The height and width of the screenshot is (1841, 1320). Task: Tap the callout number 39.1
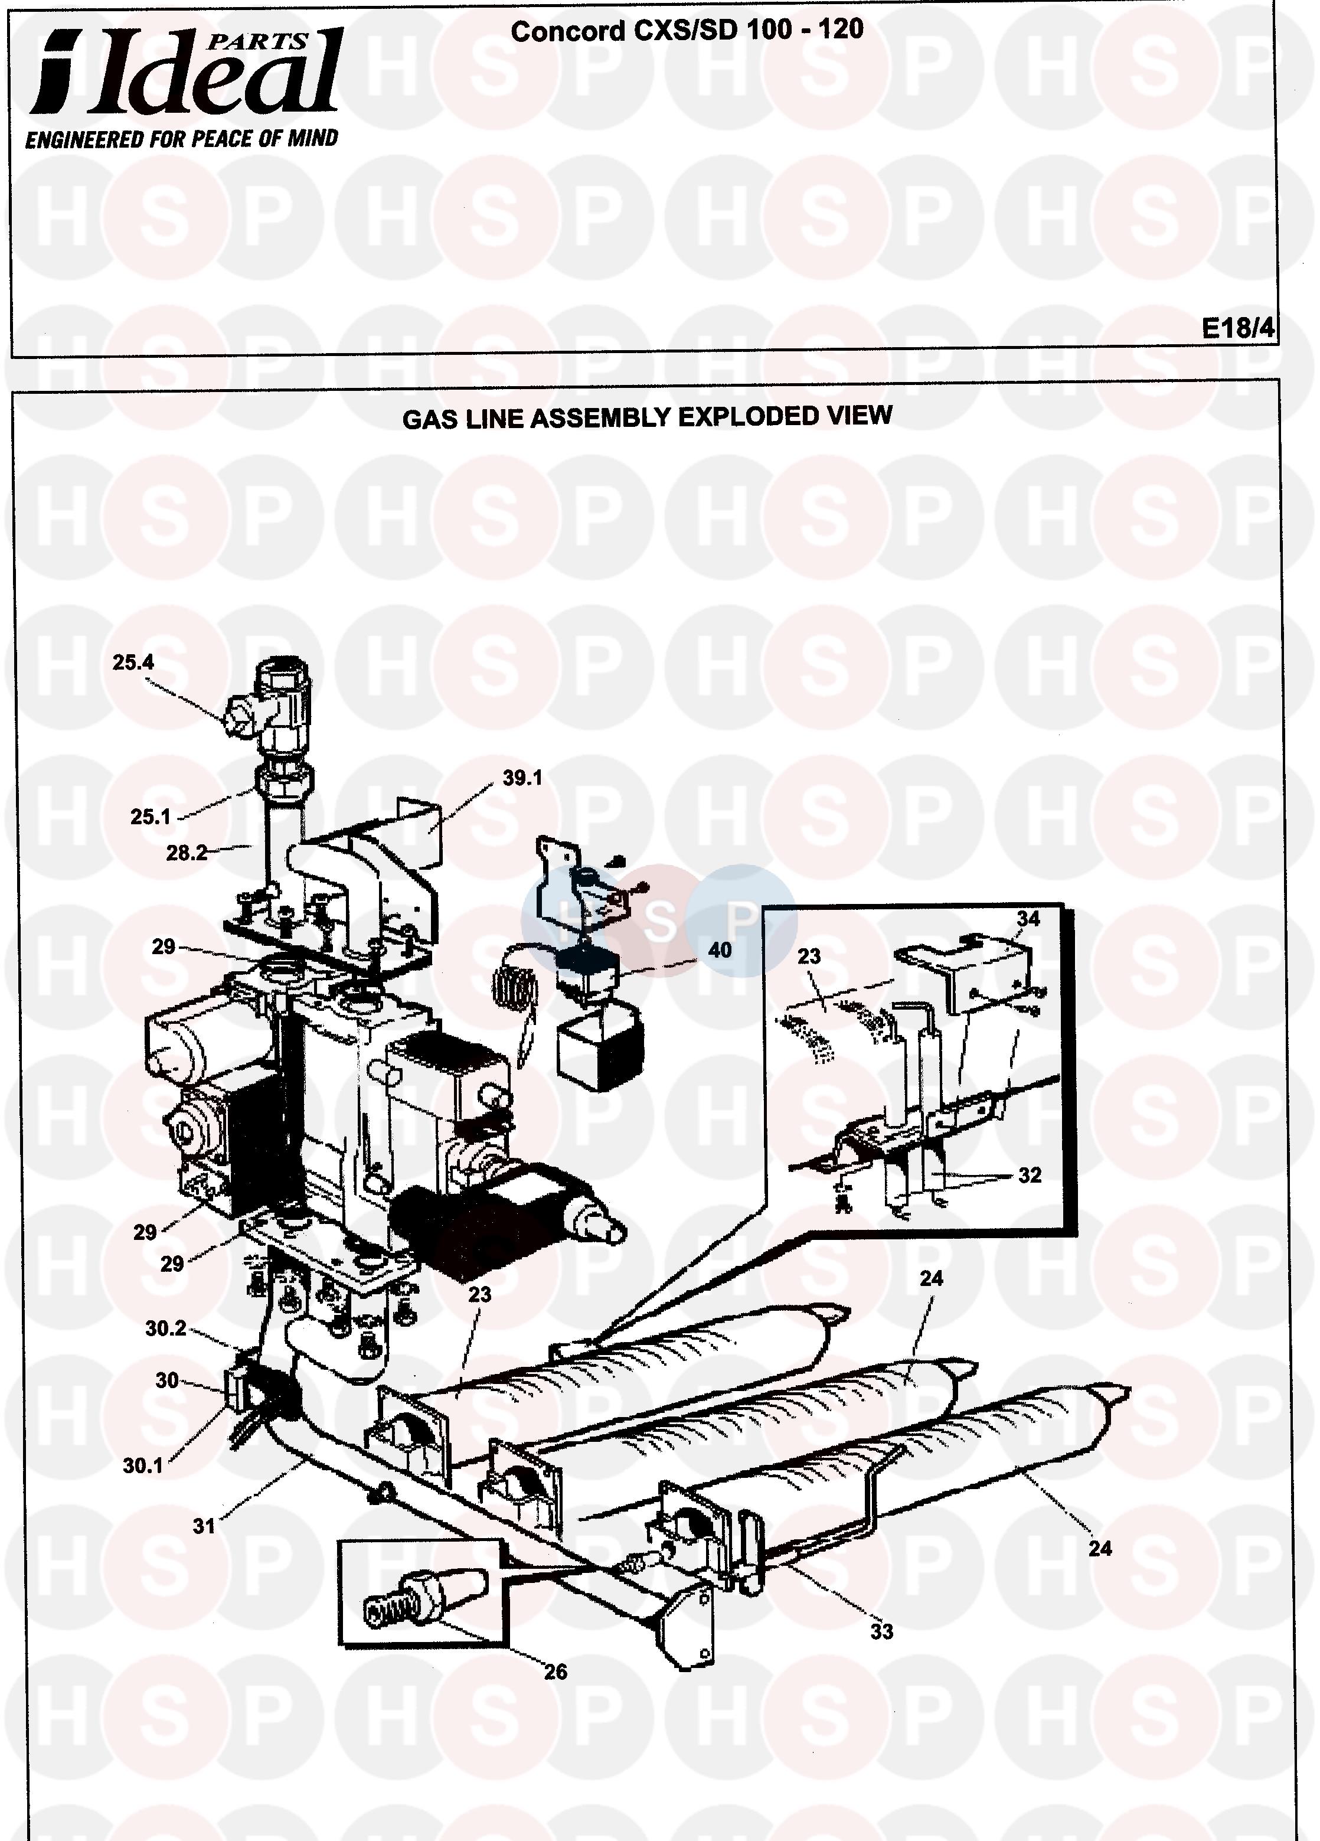click(x=522, y=778)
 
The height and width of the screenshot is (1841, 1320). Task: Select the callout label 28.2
click(x=187, y=853)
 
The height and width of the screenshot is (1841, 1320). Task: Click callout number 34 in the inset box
click(x=1028, y=918)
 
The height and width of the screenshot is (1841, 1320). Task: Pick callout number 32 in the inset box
click(x=1030, y=1174)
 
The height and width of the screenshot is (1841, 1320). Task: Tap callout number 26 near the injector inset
click(x=556, y=1672)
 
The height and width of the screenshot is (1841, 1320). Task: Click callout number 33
click(x=881, y=1631)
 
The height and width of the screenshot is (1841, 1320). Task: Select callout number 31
click(x=204, y=1526)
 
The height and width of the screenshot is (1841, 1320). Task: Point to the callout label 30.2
click(x=166, y=1328)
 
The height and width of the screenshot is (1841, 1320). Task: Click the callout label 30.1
click(x=143, y=1465)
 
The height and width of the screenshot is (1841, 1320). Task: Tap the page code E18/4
click(x=1238, y=327)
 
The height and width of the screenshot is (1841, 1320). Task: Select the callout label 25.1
click(x=151, y=817)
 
